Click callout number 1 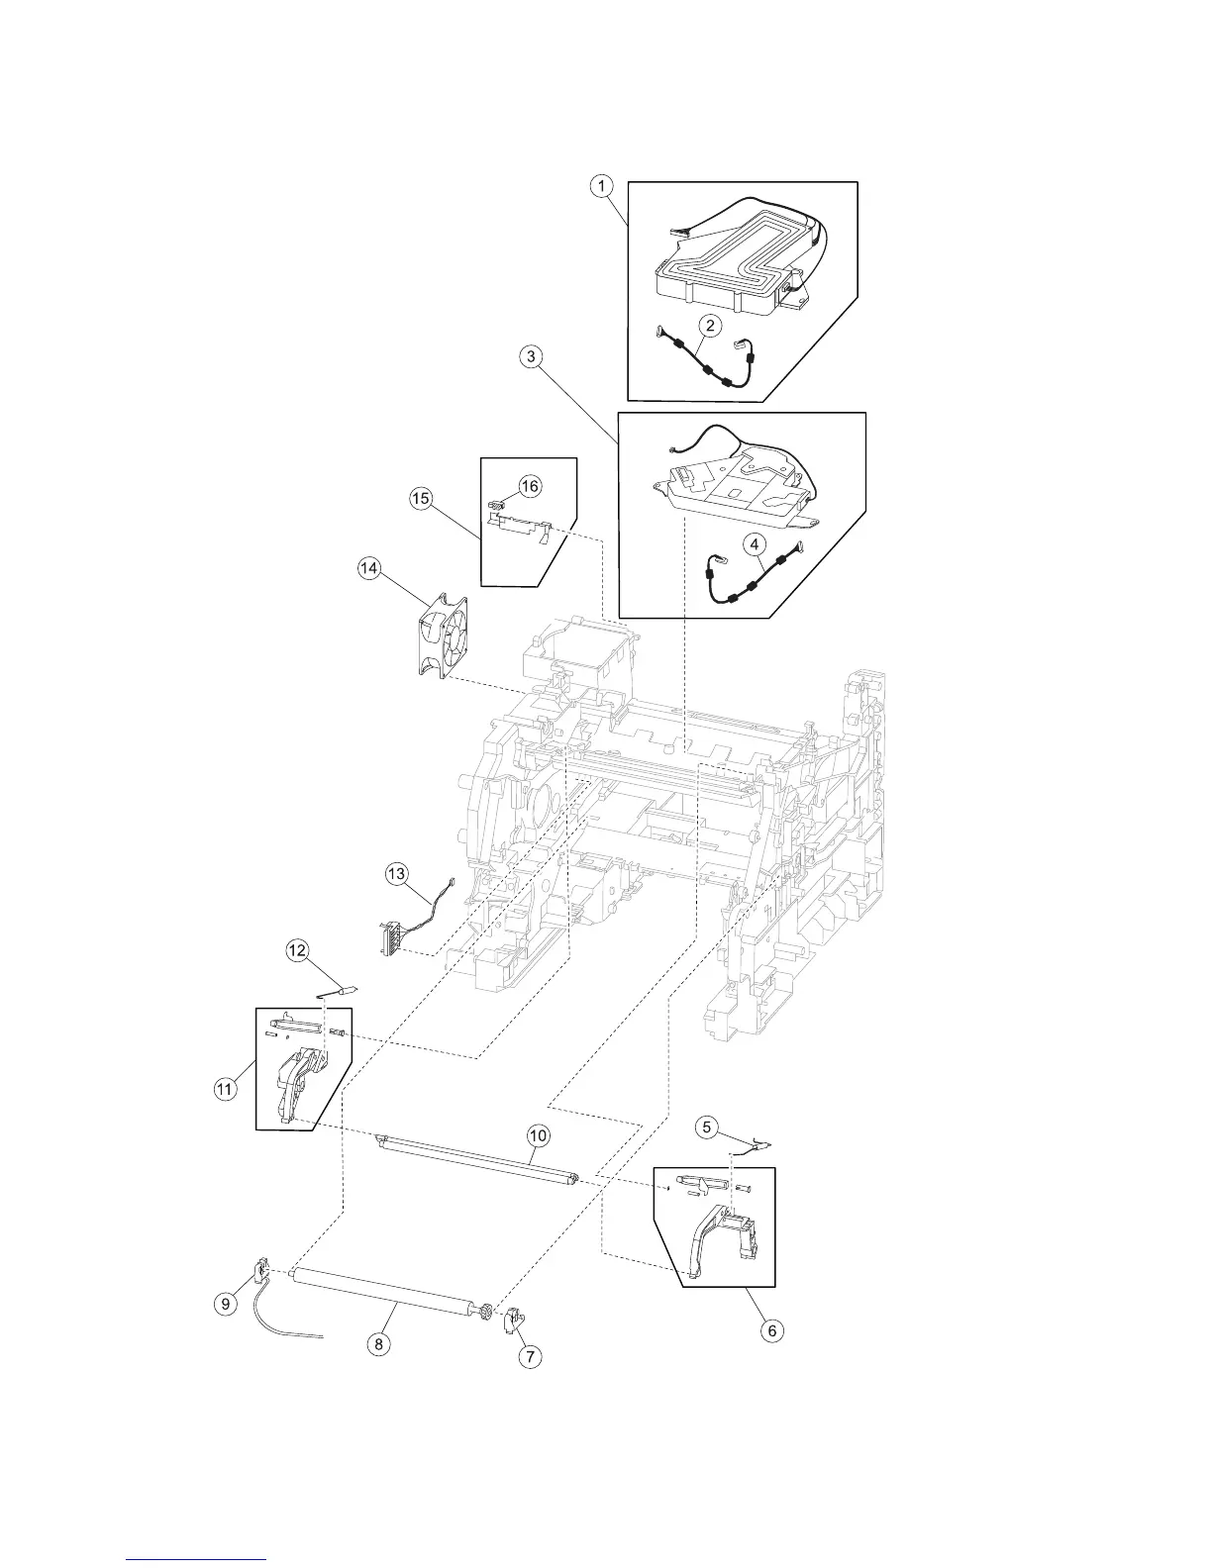pos(602,184)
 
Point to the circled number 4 pos(755,542)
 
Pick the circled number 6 pos(771,1330)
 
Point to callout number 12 pos(296,950)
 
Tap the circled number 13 pos(396,874)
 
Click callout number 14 pos(369,568)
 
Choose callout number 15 pos(421,499)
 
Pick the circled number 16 pos(531,486)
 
